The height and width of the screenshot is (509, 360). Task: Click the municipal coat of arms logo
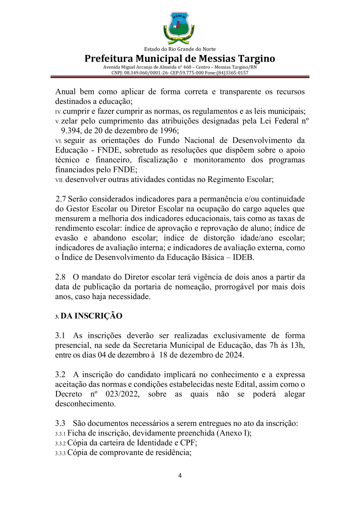(179, 28)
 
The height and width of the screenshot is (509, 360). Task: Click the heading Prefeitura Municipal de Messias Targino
(180, 58)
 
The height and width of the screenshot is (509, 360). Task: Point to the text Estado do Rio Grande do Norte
(180, 49)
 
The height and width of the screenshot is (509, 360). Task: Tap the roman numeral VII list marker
(60, 180)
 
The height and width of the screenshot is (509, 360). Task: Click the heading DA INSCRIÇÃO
(92, 316)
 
